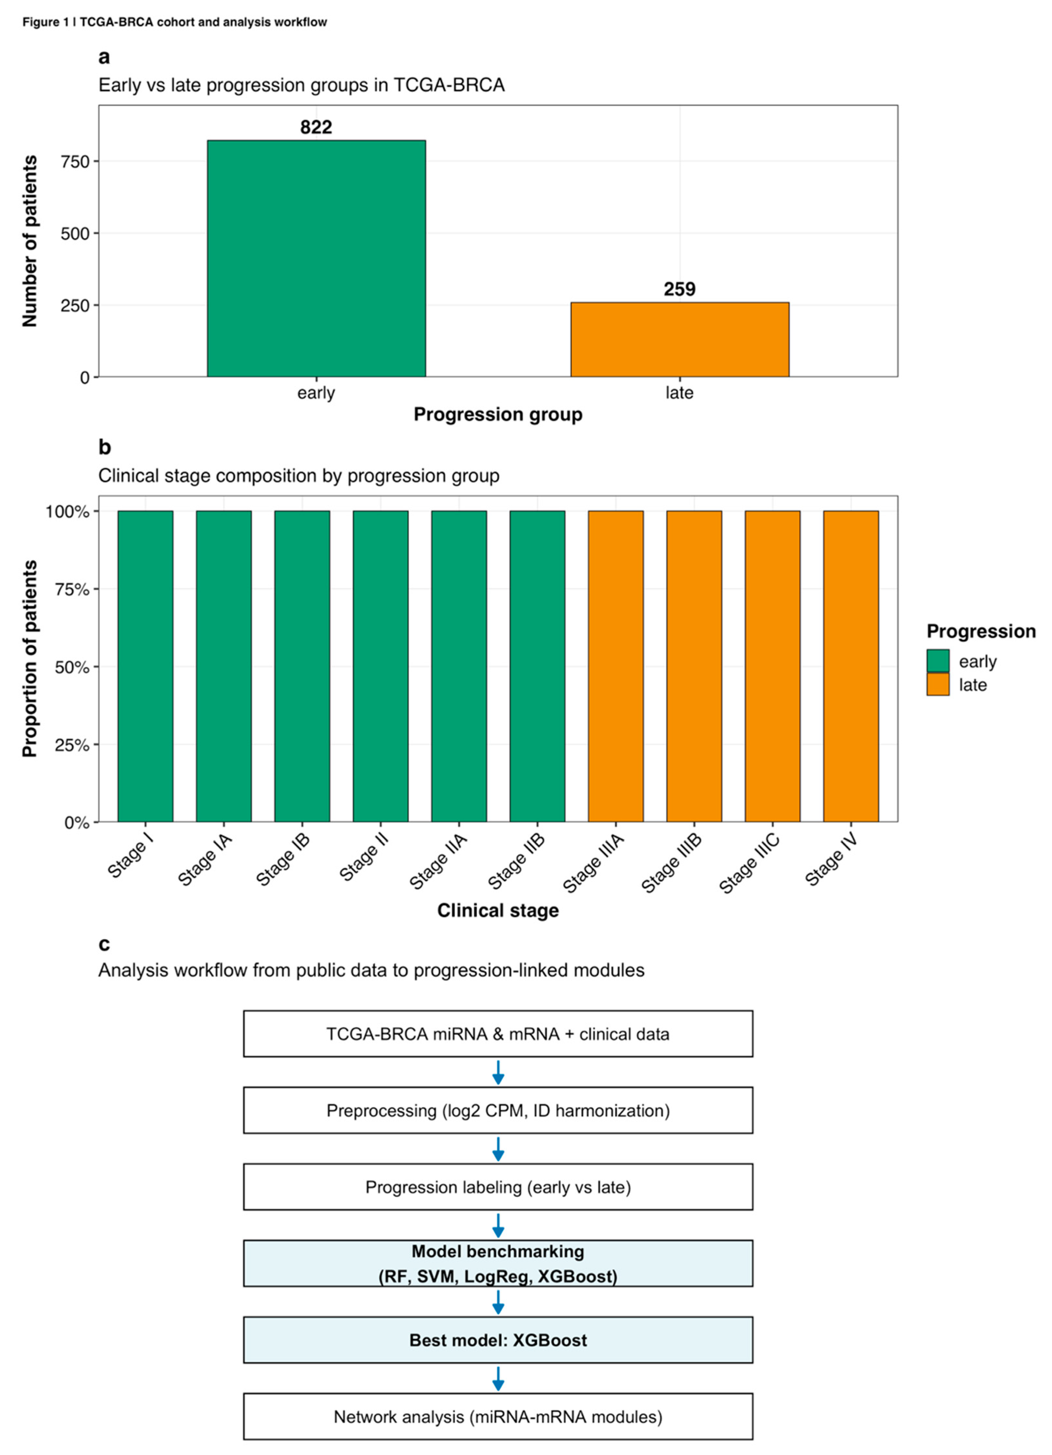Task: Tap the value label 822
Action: click(x=316, y=127)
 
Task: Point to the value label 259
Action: click(x=680, y=289)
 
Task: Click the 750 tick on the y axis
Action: click(x=75, y=162)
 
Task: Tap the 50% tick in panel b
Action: click(x=67, y=667)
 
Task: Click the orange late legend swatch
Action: click(x=937, y=684)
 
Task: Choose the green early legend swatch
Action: click(x=937, y=661)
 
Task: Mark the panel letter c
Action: click(x=104, y=944)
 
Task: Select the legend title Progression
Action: click(x=981, y=631)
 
